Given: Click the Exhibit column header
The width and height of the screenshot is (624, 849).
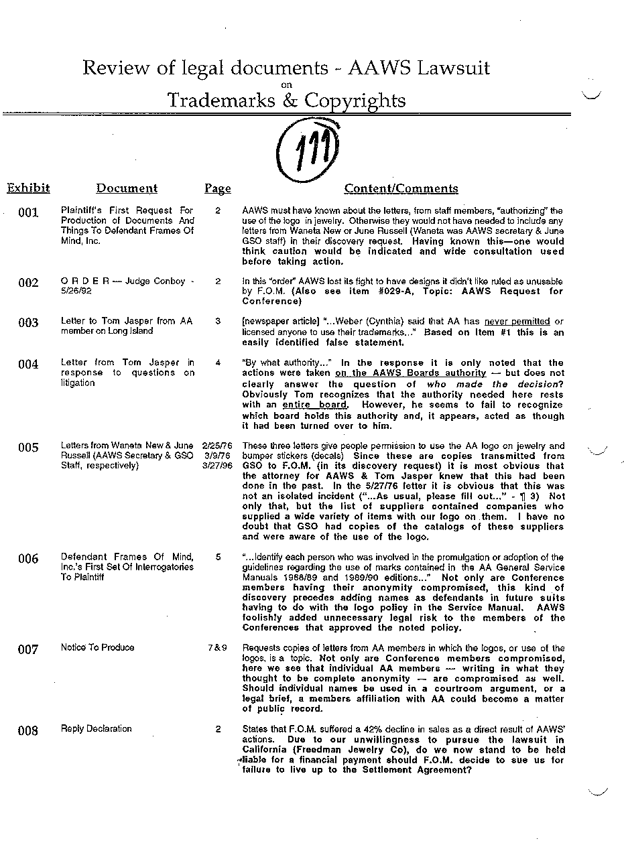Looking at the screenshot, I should (28, 188).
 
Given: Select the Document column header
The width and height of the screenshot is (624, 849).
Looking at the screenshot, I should (127, 189).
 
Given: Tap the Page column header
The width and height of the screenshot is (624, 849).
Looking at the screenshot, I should (217, 189).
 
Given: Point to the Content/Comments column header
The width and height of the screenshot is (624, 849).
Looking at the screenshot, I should (401, 189).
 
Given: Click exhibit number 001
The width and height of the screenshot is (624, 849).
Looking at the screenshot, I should (28, 213).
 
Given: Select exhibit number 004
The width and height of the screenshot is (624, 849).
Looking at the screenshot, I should (28, 365).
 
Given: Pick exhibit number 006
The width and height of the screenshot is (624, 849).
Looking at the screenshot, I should (28, 559).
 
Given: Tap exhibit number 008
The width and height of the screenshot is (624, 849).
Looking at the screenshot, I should (28, 730).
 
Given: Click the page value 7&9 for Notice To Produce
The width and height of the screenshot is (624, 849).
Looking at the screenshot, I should (217, 648).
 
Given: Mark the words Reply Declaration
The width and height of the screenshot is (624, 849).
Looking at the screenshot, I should (96, 728).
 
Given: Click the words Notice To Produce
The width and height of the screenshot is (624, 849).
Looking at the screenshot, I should (97, 647).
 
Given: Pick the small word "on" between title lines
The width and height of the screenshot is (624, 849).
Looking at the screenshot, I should (286, 84).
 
